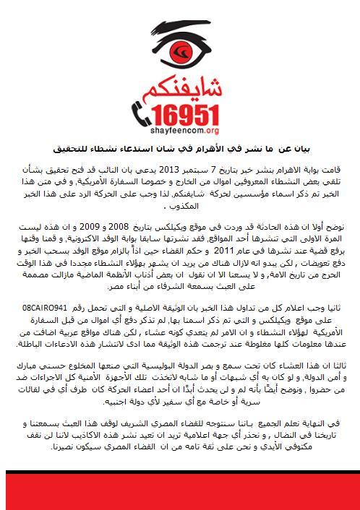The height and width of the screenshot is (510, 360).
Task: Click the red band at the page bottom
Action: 180,492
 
